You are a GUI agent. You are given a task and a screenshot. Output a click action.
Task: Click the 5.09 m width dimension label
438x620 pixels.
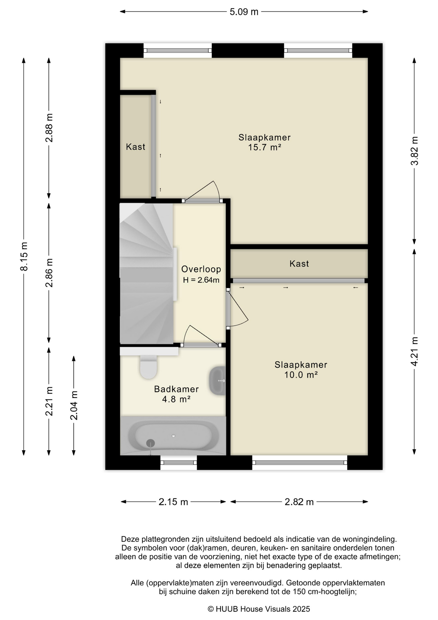click(244, 12)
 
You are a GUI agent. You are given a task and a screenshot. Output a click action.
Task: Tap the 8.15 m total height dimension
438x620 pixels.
click(24, 256)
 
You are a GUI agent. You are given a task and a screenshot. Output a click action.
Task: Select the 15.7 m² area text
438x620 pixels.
click(264, 148)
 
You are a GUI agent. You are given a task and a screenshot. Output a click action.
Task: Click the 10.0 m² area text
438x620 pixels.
click(301, 375)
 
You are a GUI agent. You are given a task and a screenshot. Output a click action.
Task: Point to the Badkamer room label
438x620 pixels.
click(176, 389)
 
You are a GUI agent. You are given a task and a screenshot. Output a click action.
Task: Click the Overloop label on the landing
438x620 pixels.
click(201, 269)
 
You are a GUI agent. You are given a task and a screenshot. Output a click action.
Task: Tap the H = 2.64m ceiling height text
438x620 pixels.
click(201, 280)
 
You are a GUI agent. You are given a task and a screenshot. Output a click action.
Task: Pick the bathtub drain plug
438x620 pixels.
click(151, 443)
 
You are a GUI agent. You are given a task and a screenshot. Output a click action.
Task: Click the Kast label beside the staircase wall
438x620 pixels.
click(135, 147)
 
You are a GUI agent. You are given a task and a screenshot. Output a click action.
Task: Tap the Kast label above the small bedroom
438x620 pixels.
click(299, 264)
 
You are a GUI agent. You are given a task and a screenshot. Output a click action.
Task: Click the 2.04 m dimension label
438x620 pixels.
click(74, 405)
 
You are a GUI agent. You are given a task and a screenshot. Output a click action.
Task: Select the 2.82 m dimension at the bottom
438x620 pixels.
click(299, 502)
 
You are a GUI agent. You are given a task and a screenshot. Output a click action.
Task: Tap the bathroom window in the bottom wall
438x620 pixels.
click(178, 462)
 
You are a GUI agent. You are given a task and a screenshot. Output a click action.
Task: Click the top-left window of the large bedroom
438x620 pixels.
click(177, 50)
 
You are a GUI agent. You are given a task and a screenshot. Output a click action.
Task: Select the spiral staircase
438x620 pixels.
click(147, 273)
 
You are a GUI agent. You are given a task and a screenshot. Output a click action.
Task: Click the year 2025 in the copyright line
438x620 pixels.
click(301, 609)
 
